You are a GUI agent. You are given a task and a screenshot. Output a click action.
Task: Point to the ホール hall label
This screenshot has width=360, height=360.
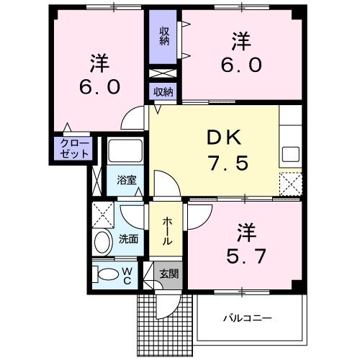pyautogui.click(x=167, y=230)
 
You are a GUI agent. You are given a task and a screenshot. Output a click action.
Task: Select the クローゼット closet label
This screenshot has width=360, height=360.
pyautogui.click(x=74, y=148)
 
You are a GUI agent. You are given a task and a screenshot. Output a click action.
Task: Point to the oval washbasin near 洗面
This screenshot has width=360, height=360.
pyautogui.click(x=104, y=240)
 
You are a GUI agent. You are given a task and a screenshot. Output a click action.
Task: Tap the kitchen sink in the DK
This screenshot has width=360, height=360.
pyautogui.click(x=291, y=154)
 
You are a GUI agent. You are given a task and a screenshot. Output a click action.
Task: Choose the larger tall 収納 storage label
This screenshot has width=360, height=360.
pyautogui.click(x=163, y=37)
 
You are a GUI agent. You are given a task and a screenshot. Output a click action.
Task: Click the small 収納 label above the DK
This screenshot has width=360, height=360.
pyautogui.click(x=163, y=91)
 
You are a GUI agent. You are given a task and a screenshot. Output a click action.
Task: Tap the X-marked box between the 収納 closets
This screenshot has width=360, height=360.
pyautogui.click(x=163, y=73)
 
